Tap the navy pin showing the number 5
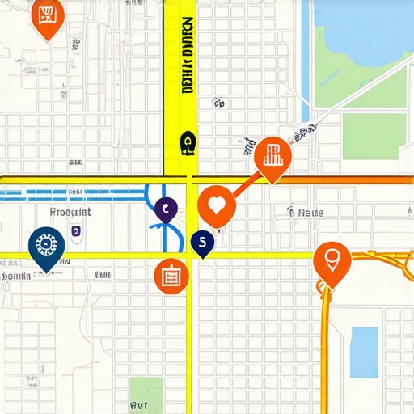(x=202, y=241)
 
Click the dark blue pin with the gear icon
(x=46, y=246)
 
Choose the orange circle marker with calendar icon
(x=171, y=277)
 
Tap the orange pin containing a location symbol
(x=332, y=261)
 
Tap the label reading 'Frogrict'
(x=70, y=212)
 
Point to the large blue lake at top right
(x=364, y=32)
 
